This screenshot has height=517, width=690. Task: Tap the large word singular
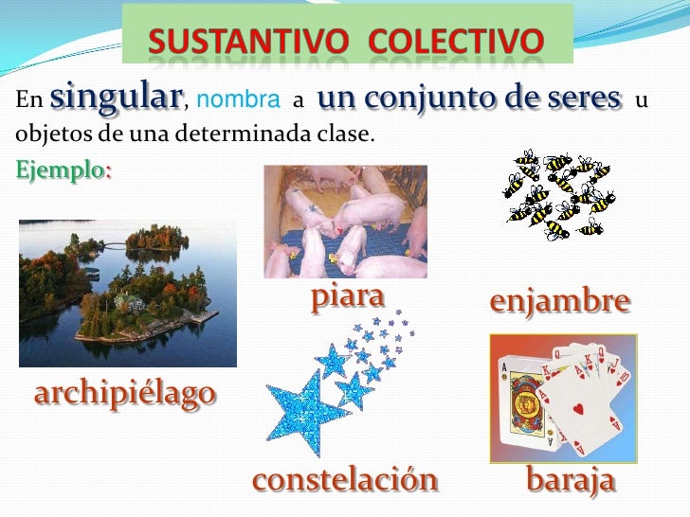click(x=116, y=97)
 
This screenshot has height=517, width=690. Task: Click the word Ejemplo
click(x=64, y=172)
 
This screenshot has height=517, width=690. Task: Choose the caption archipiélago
click(x=124, y=394)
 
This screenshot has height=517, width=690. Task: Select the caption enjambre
click(x=559, y=302)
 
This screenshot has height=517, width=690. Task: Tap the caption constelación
click(x=345, y=480)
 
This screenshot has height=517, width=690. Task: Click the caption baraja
click(x=571, y=480)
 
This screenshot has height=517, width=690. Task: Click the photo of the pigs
click(x=345, y=222)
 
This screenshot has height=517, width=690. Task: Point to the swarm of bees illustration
click(x=559, y=194)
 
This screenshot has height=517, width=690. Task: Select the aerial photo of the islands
click(x=128, y=294)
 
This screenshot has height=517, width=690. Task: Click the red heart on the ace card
click(x=579, y=410)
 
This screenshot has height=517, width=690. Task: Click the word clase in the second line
click(x=349, y=134)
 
